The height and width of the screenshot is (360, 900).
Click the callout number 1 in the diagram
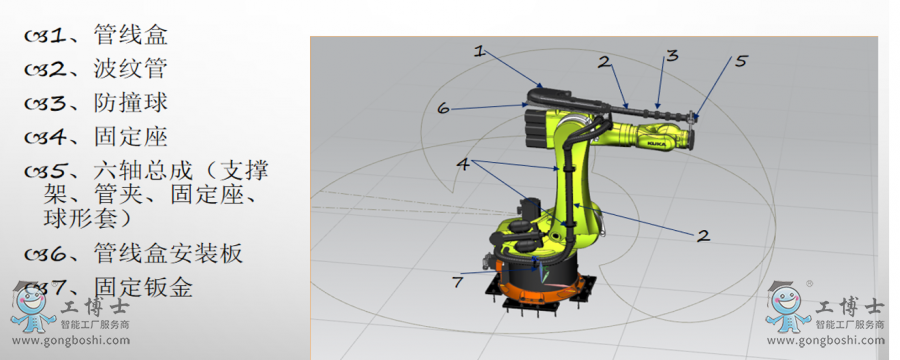tap(479, 51)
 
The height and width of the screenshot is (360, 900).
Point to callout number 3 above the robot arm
tap(672, 55)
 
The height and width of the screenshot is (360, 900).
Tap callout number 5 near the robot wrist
tap(741, 60)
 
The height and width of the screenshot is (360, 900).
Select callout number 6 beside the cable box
tap(443, 107)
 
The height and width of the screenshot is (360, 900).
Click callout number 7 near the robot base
tap(457, 282)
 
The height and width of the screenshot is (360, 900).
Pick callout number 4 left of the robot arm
tap(463, 164)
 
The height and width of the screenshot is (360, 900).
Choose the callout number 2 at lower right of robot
tap(703, 235)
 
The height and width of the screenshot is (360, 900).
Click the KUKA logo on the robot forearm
tap(657, 142)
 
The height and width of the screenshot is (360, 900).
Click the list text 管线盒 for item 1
tap(131, 35)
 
